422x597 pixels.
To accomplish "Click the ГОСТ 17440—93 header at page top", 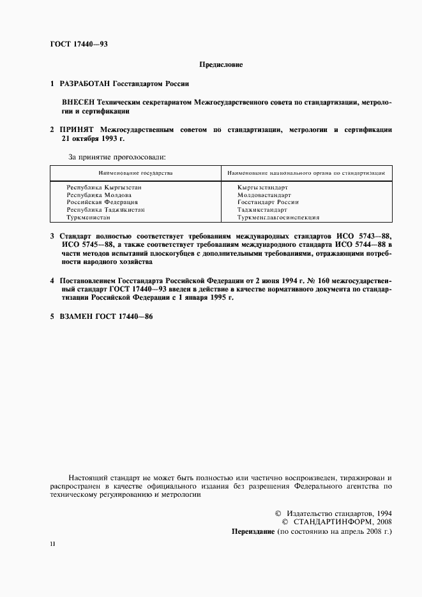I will click(x=75, y=44).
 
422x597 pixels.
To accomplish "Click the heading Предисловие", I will click(x=221, y=64).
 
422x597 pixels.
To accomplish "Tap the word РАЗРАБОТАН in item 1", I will click(x=85, y=84).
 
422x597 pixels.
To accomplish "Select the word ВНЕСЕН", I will click(x=78, y=102).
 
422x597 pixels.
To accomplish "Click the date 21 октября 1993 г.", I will click(x=93, y=138).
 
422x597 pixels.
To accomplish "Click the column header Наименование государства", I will click(x=135, y=173).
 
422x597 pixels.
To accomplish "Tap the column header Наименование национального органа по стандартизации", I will click(x=306, y=173).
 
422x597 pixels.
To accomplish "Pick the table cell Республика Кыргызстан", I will click(x=103, y=188).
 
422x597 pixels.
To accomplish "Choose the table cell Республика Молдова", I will click(x=99, y=195).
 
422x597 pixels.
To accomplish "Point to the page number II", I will click(x=52, y=543).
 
